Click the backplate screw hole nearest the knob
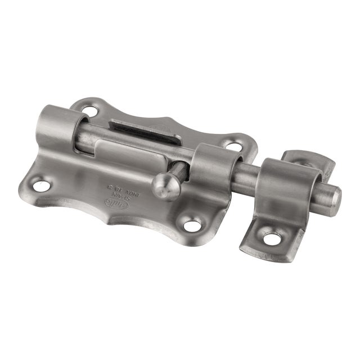(x=192, y=226)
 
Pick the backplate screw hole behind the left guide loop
(x=89, y=105)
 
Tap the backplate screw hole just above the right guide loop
(x=231, y=144)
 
